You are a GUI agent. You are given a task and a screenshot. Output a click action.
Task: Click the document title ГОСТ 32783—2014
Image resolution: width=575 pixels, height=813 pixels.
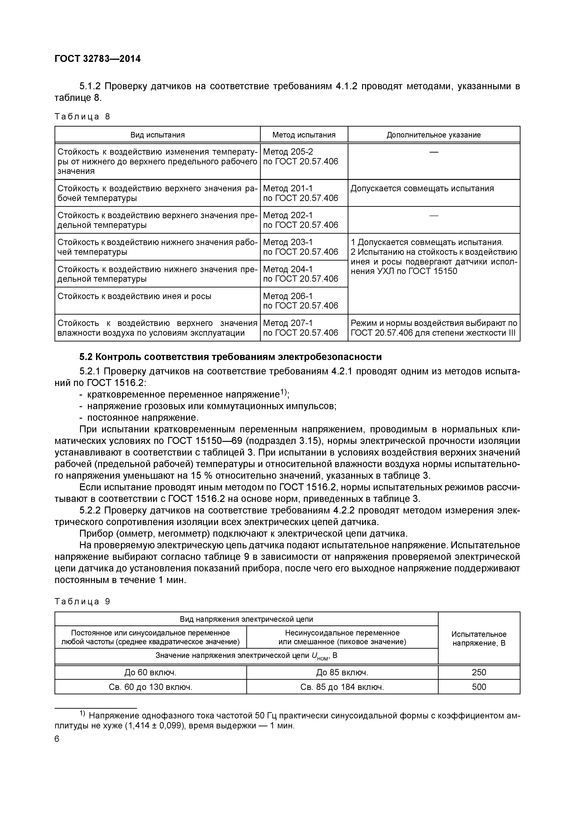point(97,59)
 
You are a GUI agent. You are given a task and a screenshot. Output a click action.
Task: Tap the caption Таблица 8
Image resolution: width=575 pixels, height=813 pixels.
point(82,117)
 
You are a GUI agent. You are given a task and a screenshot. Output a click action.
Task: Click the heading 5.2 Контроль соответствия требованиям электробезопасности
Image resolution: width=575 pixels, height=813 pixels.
point(230,357)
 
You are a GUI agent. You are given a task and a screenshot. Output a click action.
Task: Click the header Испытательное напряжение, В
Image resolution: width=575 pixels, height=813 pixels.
point(479,638)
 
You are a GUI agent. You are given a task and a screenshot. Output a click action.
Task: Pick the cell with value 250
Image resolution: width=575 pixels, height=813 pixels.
point(479,672)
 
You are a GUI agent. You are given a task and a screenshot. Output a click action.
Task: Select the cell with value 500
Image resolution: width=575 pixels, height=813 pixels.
point(479,687)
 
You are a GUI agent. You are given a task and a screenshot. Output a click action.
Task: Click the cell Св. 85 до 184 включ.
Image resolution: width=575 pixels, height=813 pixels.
point(342,687)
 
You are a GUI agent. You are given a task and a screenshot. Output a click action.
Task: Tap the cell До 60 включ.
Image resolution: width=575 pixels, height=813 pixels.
point(150,672)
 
